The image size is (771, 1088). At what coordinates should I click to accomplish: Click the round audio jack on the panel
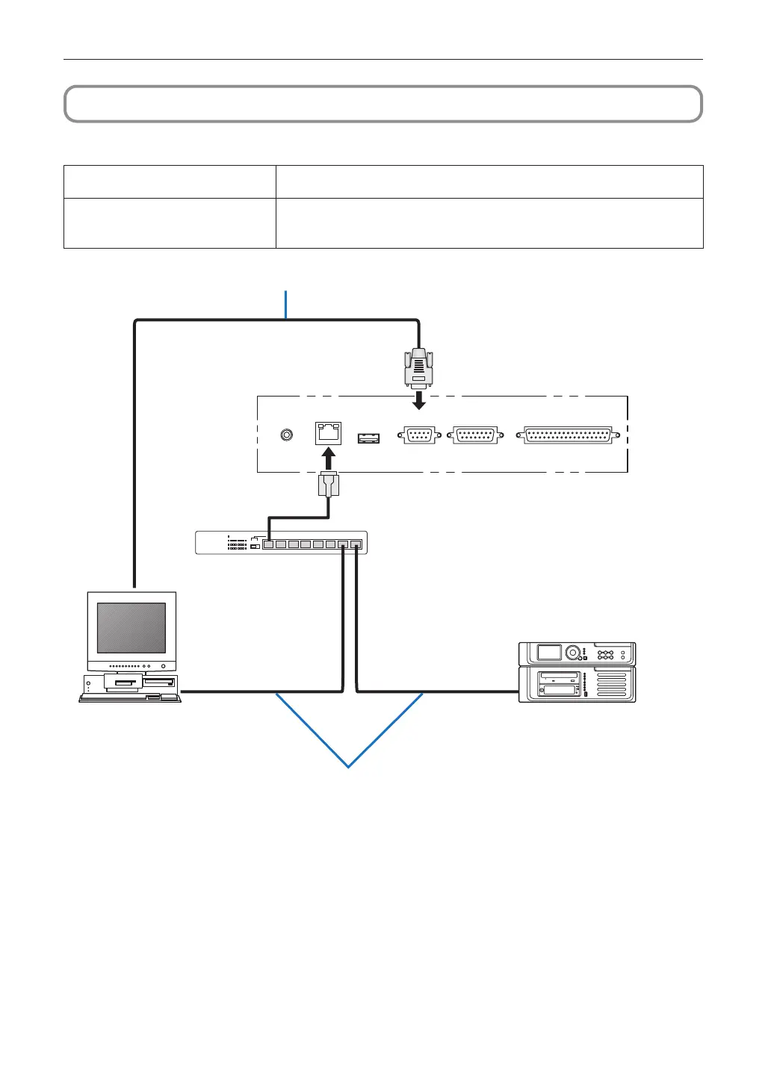(286, 435)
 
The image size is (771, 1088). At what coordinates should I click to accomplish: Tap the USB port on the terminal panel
(368, 438)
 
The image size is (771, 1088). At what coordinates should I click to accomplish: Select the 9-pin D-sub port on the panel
(419, 435)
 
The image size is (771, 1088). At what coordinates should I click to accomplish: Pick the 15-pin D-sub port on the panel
(475, 435)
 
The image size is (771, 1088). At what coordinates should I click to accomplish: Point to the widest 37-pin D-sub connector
(569, 435)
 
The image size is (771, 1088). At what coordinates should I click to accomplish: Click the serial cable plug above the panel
(419, 367)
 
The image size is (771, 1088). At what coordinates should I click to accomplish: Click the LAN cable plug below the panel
(328, 485)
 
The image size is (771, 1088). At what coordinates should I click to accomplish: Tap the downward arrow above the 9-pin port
(419, 401)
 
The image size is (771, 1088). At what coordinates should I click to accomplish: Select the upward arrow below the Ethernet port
(328, 457)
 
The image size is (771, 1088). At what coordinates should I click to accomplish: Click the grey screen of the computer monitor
(131, 628)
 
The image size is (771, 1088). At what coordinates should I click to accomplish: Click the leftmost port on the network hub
(268, 544)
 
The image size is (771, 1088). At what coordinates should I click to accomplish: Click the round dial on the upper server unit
(573, 653)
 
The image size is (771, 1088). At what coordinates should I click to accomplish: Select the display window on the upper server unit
(549, 653)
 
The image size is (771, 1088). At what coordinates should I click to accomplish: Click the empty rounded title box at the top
(383, 104)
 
